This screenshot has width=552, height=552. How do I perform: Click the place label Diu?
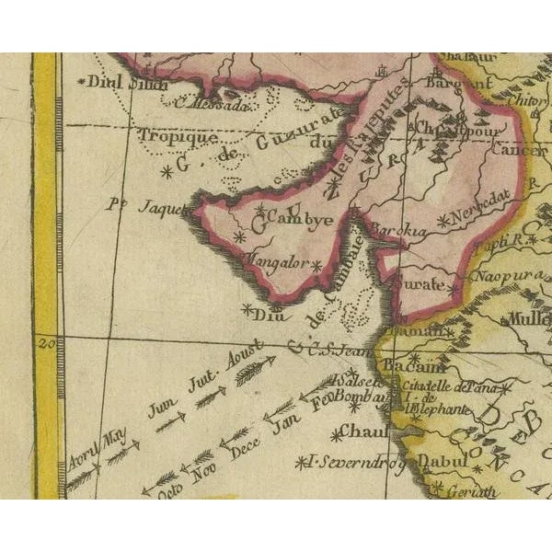[x=274, y=313]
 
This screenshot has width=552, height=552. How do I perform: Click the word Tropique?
[x=178, y=137]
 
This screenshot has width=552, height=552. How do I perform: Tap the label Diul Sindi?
[x=124, y=83]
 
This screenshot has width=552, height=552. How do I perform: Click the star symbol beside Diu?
[x=247, y=309]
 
